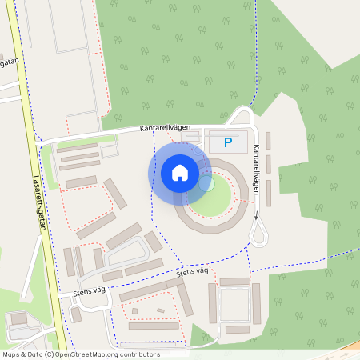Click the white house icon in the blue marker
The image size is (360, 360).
coord(180,173)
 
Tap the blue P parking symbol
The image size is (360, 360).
coord(228,143)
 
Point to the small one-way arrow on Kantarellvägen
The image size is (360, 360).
coord(256,215)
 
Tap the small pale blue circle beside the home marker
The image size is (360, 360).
coord(206,183)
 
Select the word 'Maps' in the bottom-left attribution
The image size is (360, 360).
coord(10,354)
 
